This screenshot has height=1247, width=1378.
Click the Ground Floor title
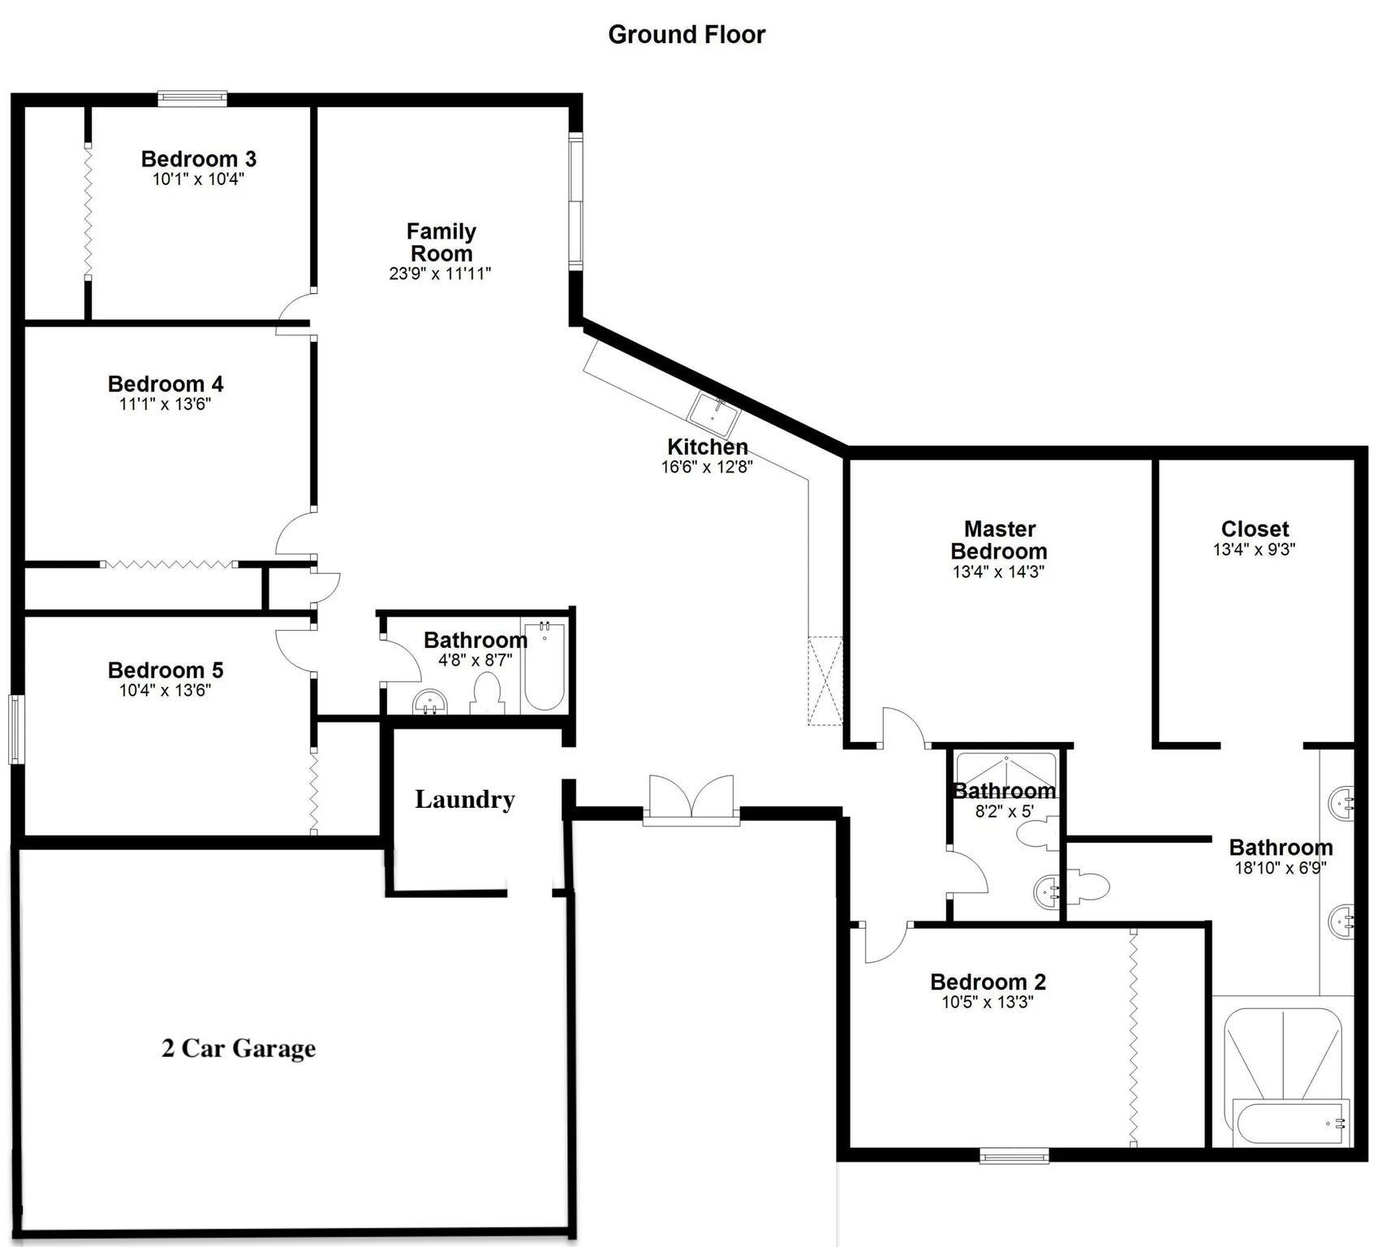687,34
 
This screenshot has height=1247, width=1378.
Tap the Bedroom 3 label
199,158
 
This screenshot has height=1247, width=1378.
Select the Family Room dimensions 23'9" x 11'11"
441,274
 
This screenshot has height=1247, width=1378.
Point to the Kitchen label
708,447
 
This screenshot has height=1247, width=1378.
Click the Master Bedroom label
999,540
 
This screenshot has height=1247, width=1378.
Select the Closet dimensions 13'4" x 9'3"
1254,550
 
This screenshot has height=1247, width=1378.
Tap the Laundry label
465,799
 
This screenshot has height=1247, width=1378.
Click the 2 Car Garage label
239,1048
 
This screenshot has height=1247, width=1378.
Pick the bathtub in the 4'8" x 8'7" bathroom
544,666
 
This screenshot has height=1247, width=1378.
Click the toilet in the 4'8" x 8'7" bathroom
487,695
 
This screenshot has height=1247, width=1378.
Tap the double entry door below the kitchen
691,800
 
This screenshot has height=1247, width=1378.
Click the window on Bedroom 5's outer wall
15,729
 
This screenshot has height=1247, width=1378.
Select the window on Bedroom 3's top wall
192,99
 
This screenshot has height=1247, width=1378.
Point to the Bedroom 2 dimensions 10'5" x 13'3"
988,1003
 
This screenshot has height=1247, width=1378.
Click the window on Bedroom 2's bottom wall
1014,1155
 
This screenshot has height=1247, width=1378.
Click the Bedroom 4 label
166,383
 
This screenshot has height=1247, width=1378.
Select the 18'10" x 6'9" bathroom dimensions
1281,868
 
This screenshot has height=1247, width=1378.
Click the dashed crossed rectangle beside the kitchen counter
825,681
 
